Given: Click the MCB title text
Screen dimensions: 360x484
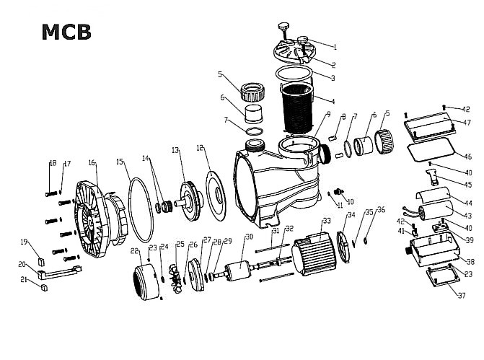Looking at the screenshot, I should click(x=66, y=32).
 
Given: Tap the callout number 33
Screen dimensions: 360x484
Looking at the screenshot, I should click(x=326, y=221).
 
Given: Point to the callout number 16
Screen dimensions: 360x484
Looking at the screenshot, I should click(x=92, y=164).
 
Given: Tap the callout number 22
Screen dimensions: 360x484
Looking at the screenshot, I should click(x=135, y=250).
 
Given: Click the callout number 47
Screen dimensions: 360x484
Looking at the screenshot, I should click(x=467, y=123).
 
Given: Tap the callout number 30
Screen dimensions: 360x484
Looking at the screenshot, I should click(x=250, y=237).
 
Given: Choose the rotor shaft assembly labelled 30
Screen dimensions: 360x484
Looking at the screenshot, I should click(x=238, y=274).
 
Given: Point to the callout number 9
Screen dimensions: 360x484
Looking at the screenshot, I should click(x=328, y=114).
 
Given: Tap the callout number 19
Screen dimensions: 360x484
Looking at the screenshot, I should click(x=24, y=242).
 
